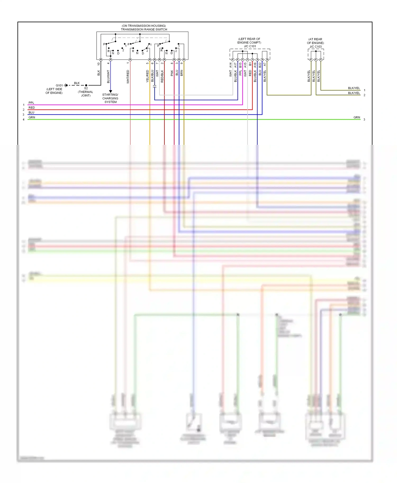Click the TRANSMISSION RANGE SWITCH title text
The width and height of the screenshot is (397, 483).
point(144,29)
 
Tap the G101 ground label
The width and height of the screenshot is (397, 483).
point(59,85)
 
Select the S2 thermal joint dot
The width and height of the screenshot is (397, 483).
point(86,85)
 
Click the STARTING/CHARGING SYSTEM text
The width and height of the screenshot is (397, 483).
point(110,98)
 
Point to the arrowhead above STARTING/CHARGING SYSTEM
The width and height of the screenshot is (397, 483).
point(111,91)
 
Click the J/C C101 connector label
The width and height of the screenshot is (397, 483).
point(250,46)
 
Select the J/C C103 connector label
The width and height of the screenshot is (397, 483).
point(315,47)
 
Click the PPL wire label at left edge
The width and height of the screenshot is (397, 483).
point(31,103)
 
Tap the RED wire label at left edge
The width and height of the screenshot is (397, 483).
point(31,108)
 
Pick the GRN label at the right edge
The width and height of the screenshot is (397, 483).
point(357,117)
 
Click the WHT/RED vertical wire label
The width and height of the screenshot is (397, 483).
point(128,77)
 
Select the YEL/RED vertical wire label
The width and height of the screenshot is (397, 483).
point(147,76)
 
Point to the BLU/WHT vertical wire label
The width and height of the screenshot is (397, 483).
point(108,76)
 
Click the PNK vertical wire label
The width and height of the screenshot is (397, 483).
point(172,73)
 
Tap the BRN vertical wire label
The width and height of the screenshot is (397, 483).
point(182,73)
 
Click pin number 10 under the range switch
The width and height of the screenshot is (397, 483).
point(99,64)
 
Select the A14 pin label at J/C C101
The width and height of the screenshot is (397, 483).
point(231,65)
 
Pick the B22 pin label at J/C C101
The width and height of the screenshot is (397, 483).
point(260,65)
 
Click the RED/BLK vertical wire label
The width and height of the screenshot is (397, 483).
point(162,76)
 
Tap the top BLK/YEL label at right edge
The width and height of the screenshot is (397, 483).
point(354,88)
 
